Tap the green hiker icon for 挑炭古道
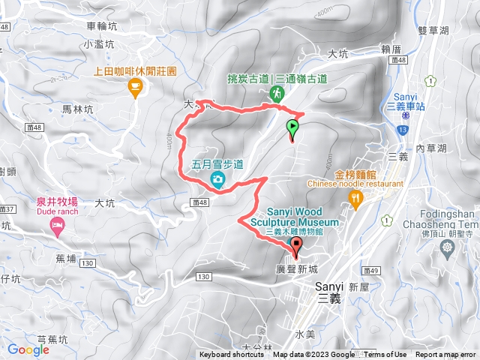point(276,93)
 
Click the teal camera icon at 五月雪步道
point(217,178)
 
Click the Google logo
point(28,349)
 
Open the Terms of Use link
point(385,355)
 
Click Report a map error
point(446,355)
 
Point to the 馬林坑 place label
point(78,109)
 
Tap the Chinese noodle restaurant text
point(354,183)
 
